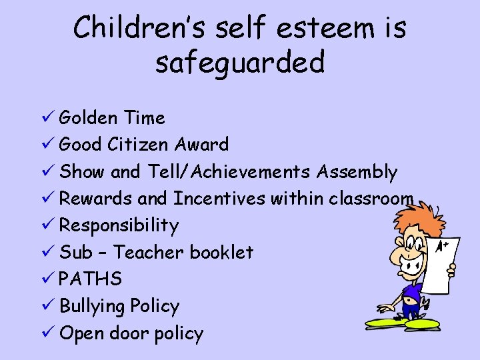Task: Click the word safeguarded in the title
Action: pos(239,63)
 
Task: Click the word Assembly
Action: pos(357,171)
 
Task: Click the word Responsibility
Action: pos(119,225)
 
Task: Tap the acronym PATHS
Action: pos(91,279)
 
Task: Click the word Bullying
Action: pos(93,307)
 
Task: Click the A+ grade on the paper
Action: pos(442,247)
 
